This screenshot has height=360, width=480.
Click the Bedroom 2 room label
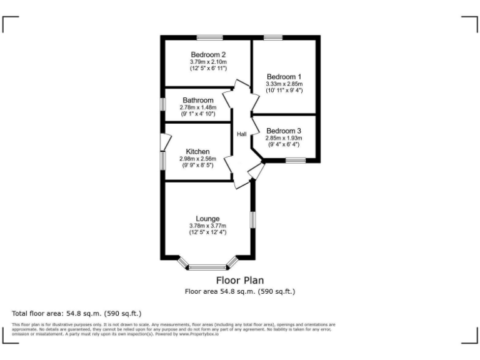(208, 54)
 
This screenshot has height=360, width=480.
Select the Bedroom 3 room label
(283, 131)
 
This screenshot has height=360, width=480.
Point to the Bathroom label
(197, 100)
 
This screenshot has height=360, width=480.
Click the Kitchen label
(197, 151)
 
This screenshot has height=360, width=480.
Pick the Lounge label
(207, 218)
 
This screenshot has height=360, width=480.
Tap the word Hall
(241, 134)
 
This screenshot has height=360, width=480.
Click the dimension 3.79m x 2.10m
(208, 62)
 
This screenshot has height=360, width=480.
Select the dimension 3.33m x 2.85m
(284, 84)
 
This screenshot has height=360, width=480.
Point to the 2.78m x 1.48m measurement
(197, 107)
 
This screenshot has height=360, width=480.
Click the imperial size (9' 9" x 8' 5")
(197, 166)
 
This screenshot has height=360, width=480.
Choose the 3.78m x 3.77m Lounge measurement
(207, 226)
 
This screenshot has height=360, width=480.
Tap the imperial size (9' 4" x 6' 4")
(283, 145)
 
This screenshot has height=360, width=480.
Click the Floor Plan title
(239, 281)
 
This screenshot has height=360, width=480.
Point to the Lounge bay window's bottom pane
(208, 267)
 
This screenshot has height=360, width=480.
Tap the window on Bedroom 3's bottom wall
(296, 161)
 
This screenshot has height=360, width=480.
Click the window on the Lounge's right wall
(252, 220)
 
